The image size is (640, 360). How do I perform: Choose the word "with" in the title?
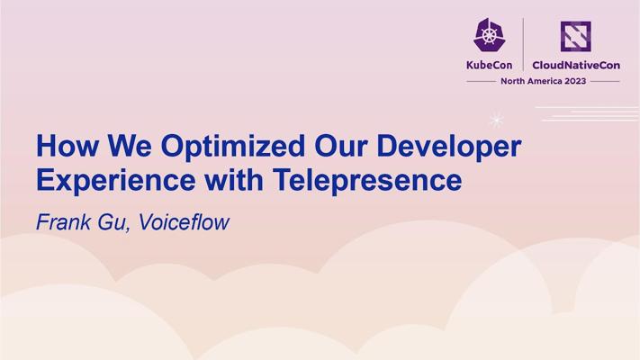[234, 180]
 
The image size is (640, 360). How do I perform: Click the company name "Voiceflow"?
[184, 222]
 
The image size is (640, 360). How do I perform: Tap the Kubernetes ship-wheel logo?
[489, 35]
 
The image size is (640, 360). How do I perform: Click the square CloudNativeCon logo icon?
[575, 36]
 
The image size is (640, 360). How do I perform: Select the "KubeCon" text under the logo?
[489, 66]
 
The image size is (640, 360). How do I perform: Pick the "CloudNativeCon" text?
[576, 66]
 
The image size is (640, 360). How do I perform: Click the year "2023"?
[575, 81]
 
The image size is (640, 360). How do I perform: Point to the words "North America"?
[531, 81]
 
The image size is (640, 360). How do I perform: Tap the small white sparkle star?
[496, 120]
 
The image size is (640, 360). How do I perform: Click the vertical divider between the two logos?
[523, 44]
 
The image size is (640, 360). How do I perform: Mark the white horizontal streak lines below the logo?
[588, 114]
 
